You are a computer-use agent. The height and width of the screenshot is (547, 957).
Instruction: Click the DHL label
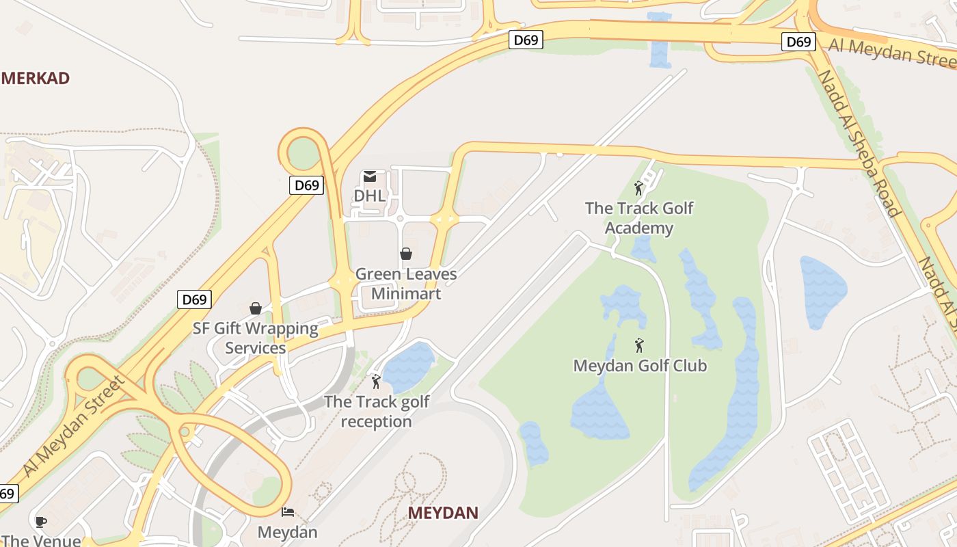(x=369, y=196)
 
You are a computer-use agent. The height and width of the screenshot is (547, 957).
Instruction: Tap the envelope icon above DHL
(x=370, y=176)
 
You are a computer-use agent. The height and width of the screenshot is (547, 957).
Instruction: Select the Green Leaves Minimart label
(x=406, y=284)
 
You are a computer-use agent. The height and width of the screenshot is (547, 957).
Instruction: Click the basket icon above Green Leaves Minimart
(x=406, y=254)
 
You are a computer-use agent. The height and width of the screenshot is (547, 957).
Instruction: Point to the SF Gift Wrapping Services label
(x=256, y=338)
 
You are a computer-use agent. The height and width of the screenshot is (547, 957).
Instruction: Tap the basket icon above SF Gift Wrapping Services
(x=256, y=308)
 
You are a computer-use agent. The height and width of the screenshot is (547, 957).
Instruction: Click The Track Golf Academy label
(x=639, y=218)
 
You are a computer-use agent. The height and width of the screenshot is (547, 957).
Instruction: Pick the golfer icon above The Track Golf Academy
(x=638, y=188)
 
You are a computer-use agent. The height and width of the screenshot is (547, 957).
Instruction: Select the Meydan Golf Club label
(x=640, y=366)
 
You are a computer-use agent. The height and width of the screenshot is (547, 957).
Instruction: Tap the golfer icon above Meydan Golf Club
(x=639, y=345)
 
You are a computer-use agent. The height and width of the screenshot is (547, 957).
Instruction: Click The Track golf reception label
(x=377, y=412)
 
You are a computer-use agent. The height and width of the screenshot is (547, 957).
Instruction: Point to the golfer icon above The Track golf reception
(x=375, y=382)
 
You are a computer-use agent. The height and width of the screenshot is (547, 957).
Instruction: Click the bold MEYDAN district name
(x=443, y=513)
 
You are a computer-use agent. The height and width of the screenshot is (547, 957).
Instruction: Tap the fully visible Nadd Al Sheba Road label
(x=858, y=142)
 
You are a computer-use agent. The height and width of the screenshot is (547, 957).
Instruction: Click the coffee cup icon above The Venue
(x=41, y=522)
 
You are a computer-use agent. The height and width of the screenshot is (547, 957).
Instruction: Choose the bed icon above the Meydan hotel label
(x=288, y=511)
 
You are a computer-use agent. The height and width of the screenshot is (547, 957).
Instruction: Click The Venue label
(x=41, y=540)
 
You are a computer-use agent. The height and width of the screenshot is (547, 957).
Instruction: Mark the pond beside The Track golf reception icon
(x=408, y=367)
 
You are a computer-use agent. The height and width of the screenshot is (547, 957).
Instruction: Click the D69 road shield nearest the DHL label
(x=306, y=185)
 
